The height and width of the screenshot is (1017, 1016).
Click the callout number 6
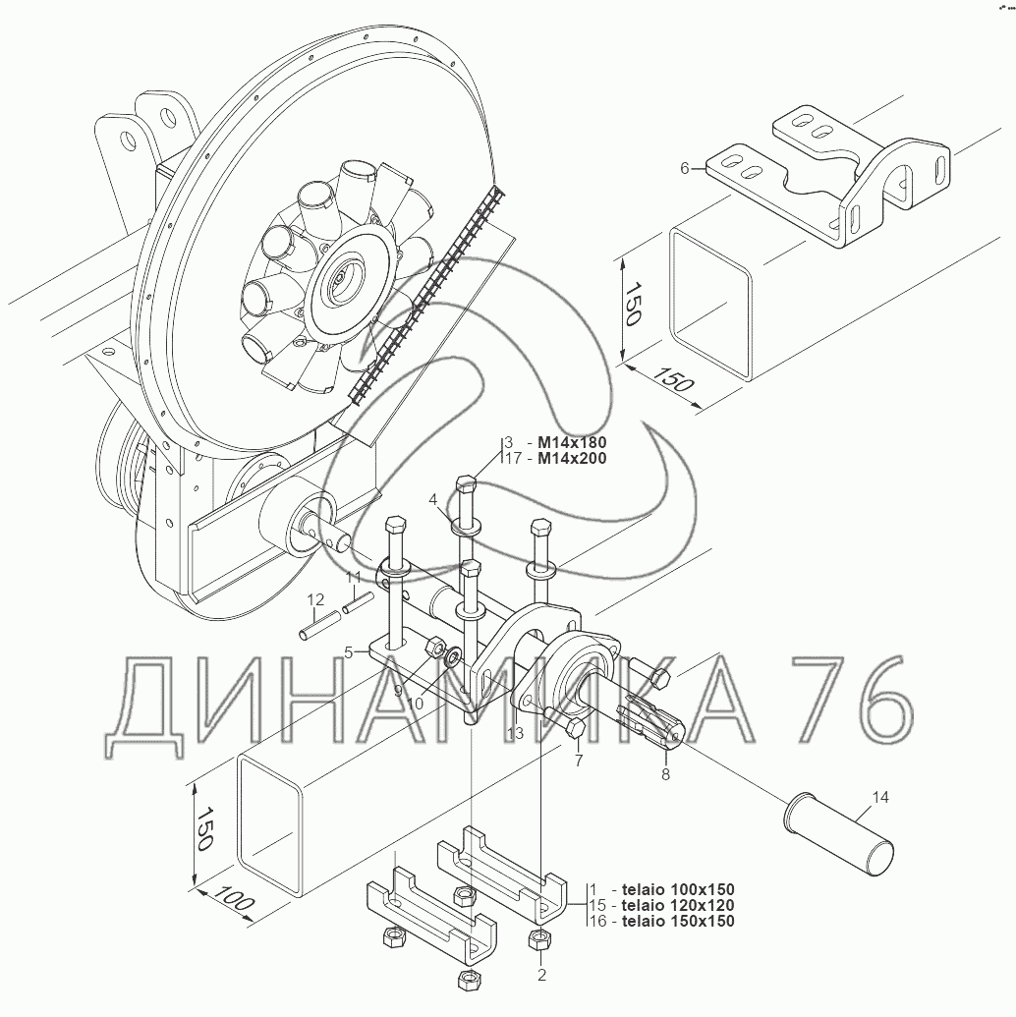(685, 169)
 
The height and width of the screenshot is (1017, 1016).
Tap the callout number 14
(879, 797)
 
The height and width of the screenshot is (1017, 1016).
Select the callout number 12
(315, 600)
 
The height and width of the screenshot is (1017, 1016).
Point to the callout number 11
(353, 577)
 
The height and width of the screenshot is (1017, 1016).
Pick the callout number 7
(579, 760)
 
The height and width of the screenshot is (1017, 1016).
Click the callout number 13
(515, 734)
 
